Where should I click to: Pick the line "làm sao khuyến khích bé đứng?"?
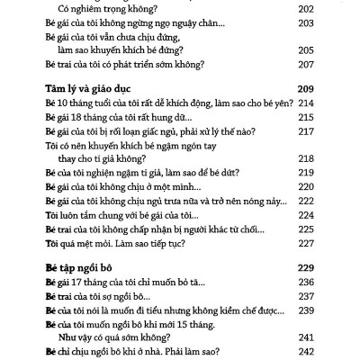click(125, 50)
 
